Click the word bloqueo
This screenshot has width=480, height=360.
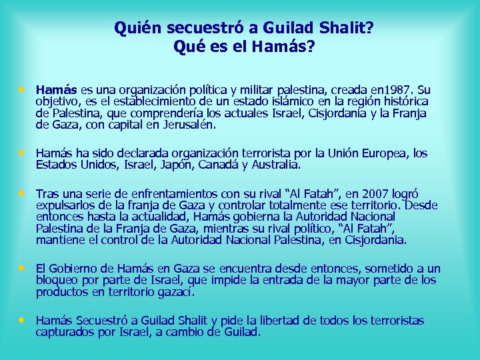56,281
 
